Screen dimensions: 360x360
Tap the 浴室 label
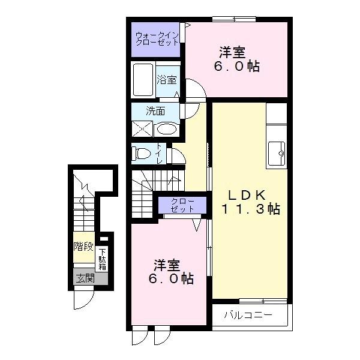[167, 80]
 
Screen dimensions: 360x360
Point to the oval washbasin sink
[166, 128]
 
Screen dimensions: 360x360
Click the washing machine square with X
[143, 128]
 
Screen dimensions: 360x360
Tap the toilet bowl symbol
[142, 154]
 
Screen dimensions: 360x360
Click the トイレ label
[160, 154]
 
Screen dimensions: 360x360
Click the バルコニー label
[248, 315]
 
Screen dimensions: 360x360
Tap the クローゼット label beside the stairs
[182, 205]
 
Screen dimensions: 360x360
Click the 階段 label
[83, 246]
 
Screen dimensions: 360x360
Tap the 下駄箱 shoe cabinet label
[103, 259]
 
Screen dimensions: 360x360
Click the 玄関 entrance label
[85, 278]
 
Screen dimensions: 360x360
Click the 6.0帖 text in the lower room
[170, 279]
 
